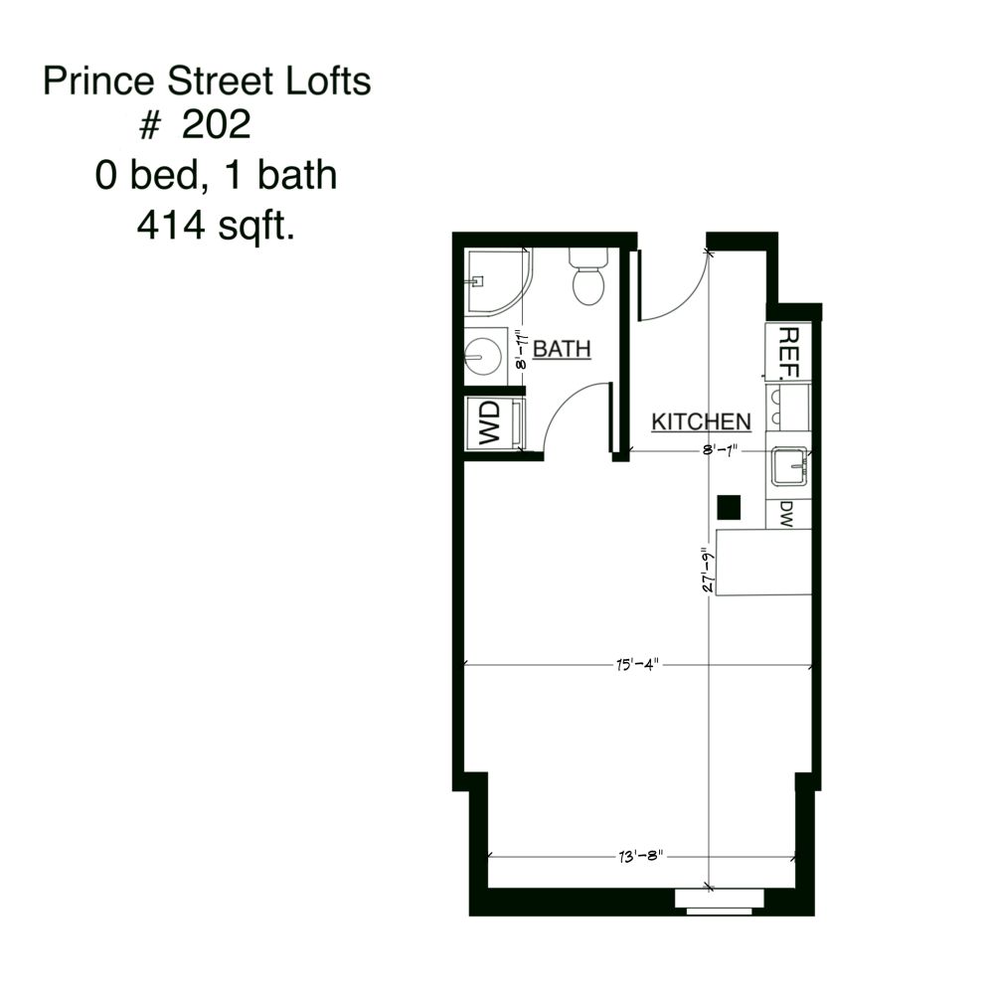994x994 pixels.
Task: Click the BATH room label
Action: tap(563, 349)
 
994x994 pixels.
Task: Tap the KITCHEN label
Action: tap(701, 421)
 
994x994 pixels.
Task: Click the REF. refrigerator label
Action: tap(787, 353)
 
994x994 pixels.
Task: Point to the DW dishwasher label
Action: tap(786, 513)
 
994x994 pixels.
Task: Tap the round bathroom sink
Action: tap(484, 355)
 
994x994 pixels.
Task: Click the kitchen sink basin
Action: tap(790, 464)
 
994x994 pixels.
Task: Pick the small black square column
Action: tap(730, 507)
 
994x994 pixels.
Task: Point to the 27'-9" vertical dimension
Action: tap(705, 571)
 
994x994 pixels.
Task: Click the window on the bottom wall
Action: tap(720, 901)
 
